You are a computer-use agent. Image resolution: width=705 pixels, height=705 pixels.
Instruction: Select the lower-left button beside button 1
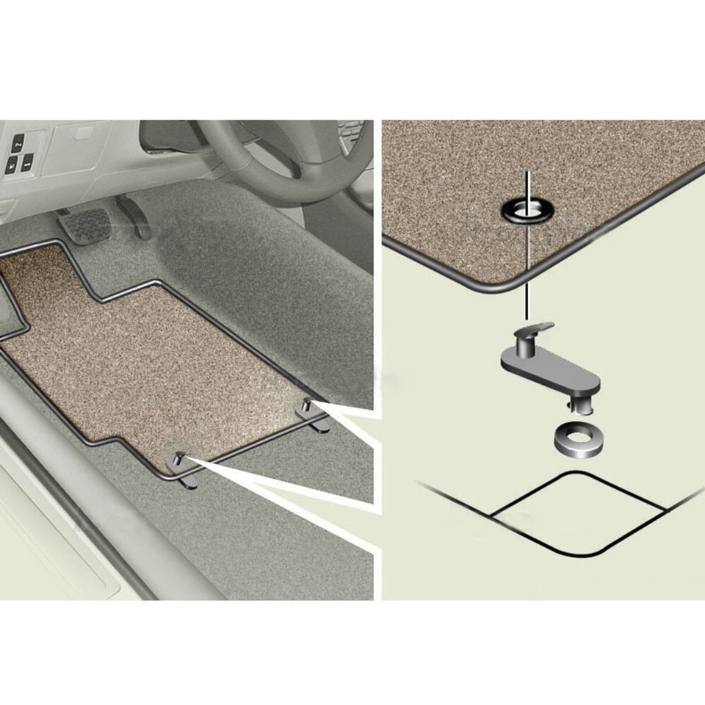[x=11, y=166]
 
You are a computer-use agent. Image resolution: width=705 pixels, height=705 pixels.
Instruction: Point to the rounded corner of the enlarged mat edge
[x=507, y=283]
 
